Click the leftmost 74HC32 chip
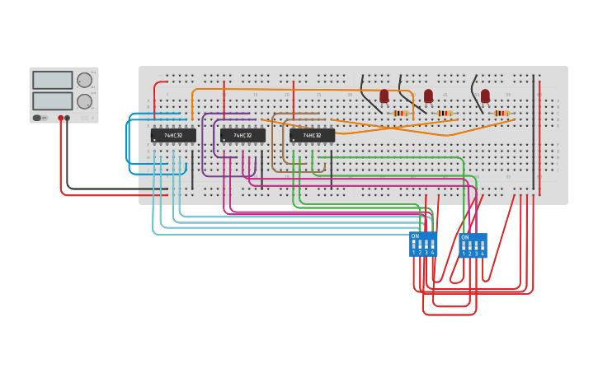tap(173, 135)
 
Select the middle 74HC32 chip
tap(242, 135)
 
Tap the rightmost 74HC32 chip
tap(312, 135)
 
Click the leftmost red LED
tap(384, 96)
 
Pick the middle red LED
tap(428, 96)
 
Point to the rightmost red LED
tap(485, 96)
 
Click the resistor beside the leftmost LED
tap(400, 113)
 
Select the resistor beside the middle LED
tap(444, 113)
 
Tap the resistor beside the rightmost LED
tap(501, 113)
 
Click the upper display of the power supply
tap(53, 81)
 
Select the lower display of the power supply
tap(53, 100)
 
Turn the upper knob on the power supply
tap(84, 80)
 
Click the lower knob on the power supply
tap(84, 101)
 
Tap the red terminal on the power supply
tap(60, 118)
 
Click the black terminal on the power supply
tap(68, 118)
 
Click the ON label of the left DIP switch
tap(415, 236)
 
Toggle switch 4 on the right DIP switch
tap(483, 246)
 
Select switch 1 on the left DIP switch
tap(414, 245)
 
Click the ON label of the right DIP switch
tap(464, 237)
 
